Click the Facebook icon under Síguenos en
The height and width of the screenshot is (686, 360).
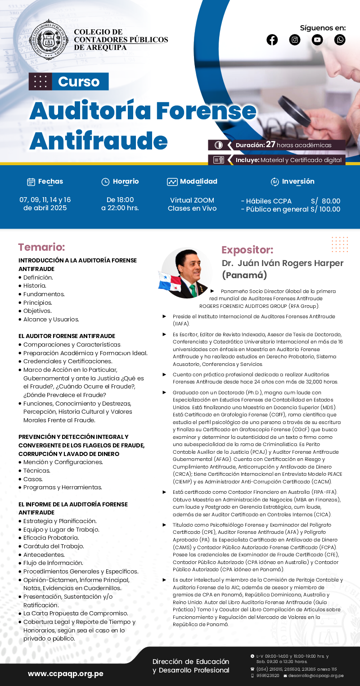pos(272,40)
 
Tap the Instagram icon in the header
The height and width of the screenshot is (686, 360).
pos(295,40)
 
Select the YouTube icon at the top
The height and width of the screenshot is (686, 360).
pos(317,40)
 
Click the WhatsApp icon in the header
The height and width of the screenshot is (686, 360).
pos(340,40)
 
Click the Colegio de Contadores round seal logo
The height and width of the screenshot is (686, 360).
pos(48,40)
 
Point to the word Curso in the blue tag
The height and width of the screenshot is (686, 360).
pos(79,81)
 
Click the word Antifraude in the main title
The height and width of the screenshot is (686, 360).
pos(98,141)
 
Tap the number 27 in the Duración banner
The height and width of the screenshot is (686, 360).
pos(270,144)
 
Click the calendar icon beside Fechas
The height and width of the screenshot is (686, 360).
pos(31,182)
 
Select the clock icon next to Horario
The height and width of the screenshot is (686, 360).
pos(105,182)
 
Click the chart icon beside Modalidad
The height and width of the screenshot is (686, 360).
pos(172,182)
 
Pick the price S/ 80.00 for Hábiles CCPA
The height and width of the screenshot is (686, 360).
pos(325,201)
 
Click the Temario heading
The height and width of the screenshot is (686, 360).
pos(41,247)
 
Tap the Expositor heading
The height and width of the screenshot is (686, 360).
pos(247,250)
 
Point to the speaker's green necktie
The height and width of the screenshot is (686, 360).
pos(193,290)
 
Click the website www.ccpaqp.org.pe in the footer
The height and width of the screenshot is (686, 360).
pos(66,674)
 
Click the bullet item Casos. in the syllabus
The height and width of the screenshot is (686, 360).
pos(33,479)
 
